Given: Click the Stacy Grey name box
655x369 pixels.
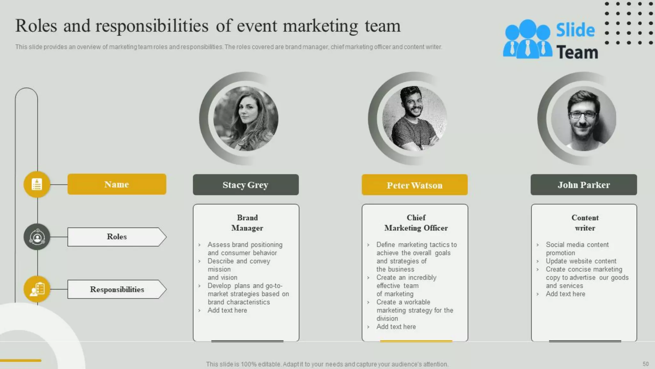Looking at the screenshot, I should [x=246, y=185].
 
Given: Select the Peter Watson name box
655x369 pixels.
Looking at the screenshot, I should [x=414, y=185].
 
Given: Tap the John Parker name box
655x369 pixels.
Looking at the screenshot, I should [x=584, y=185].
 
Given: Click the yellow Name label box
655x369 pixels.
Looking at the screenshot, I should [x=117, y=184].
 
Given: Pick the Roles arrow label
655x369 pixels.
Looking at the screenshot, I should [x=117, y=237].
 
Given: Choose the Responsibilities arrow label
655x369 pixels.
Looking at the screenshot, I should [x=117, y=289].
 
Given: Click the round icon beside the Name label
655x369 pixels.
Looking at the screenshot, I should [x=37, y=184].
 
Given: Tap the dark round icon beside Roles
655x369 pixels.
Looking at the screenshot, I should [x=37, y=237].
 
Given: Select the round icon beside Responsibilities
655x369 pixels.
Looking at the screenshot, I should [x=37, y=289].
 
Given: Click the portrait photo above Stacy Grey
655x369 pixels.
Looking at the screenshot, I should [x=246, y=118].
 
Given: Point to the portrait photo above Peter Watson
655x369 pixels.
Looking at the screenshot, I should [x=414, y=118].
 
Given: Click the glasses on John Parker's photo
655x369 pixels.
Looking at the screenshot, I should [x=583, y=114].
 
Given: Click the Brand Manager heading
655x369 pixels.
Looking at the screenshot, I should [x=247, y=223].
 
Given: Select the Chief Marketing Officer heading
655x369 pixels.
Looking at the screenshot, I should [x=416, y=223].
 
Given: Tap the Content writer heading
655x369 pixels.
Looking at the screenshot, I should [x=585, y=223].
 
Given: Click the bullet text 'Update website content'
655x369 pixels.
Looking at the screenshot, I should [x=581, y=261].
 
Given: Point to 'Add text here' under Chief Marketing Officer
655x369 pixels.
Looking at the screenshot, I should [x=396, y=327].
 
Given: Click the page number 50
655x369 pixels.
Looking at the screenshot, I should [x=645, y=364].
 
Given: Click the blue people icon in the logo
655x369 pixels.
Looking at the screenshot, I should [x=527, y=39].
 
